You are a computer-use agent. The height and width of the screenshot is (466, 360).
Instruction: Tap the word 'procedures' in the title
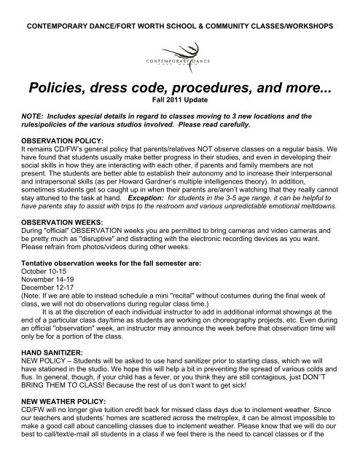pyautogui.click(x=223, y=92)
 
